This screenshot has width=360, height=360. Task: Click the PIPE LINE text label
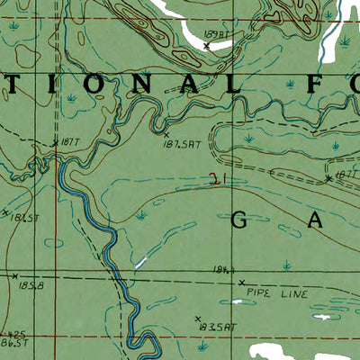tap(282, 294)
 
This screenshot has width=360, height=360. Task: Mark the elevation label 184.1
tap(225, 270)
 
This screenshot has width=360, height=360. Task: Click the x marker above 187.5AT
tap(166, 133)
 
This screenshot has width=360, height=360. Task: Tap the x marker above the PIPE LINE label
tap(241, 282)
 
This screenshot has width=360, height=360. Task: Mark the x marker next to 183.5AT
tap(197, 318)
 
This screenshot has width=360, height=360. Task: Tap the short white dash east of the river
tap(141, 264)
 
